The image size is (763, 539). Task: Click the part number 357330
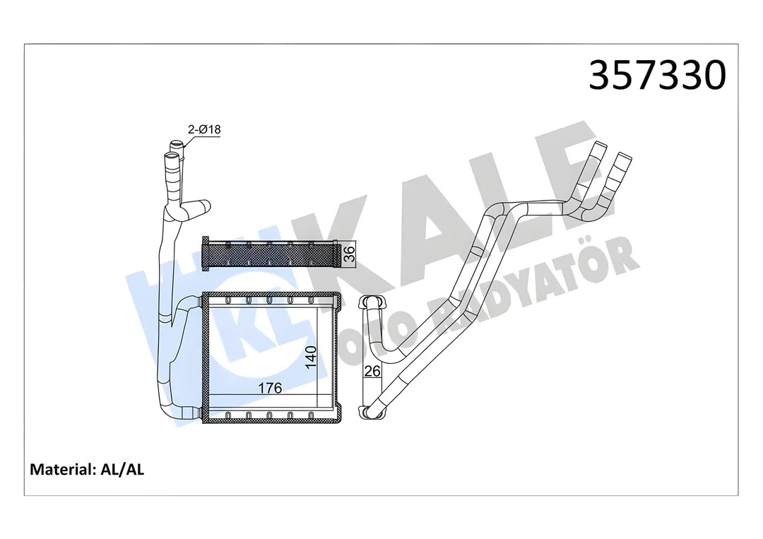[x=657, y=76]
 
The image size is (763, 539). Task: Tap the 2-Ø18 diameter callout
[x=204, y=129]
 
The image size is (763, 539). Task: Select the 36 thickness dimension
[x=348, y=254]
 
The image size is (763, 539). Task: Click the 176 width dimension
[x=269, y=388]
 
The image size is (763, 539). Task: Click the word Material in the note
[x=59, y=470]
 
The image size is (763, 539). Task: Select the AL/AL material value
[x=121, y=470]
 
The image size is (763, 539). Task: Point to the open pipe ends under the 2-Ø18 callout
[x=175, y=150]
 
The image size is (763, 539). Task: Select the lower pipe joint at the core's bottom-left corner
[x=189, y=413]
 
